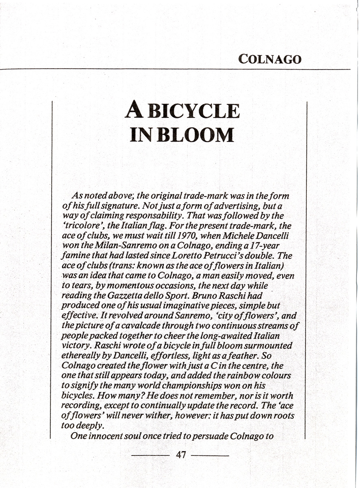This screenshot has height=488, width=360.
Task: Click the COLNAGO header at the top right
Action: [x=270, y=59]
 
